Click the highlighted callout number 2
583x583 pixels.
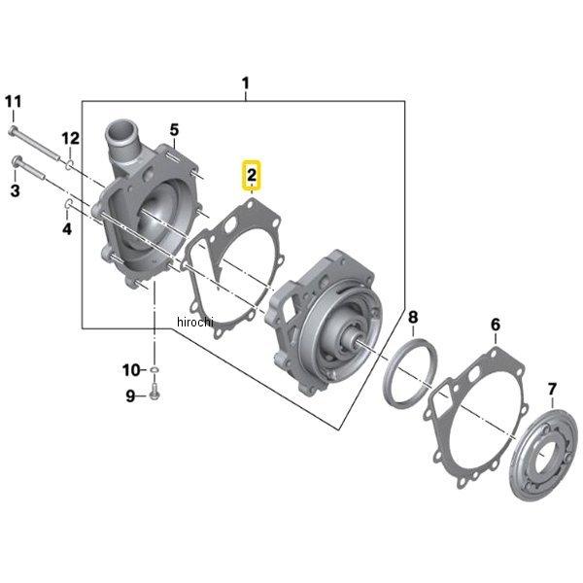coord(252,175)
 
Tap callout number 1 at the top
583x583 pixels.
coord(246,84)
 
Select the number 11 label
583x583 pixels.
coord(13,102)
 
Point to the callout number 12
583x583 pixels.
coord(71,139)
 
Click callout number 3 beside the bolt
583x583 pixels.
coord(15,191)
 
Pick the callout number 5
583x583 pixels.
coord(174,129)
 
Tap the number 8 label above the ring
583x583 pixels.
coord(413,317)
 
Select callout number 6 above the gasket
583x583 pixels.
coord(496,324)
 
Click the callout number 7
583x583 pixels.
coord(552,390)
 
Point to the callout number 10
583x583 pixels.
coord(130,369)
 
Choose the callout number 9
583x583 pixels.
coord(130,394)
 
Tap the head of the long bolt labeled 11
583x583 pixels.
coord(13,130)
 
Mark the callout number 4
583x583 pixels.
coord(67,229)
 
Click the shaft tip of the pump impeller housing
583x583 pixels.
coord(353,341)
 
